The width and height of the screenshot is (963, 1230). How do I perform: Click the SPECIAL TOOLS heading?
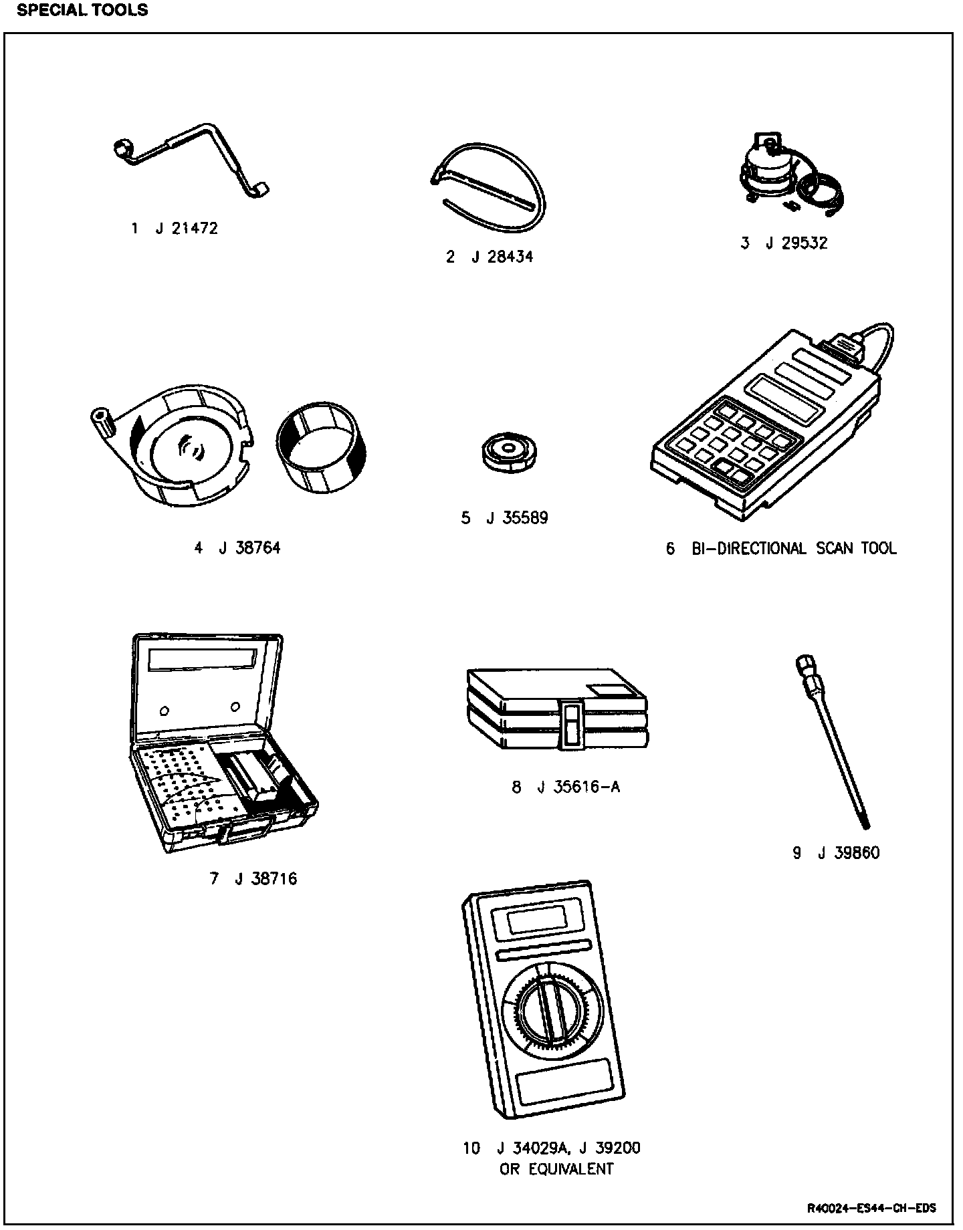pos(82,11)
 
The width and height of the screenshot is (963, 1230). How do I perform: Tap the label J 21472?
pos(186,229)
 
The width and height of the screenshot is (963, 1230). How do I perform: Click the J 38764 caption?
pos(249,549)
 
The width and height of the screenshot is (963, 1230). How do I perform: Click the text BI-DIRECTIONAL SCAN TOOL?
pos(794,549)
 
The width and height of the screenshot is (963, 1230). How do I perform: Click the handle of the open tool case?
pos(248,832)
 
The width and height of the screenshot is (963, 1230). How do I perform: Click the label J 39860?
pos(848,854)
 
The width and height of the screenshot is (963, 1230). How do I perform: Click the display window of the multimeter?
pos(539,922)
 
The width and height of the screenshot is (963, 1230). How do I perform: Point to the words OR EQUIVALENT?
pos(556,1169)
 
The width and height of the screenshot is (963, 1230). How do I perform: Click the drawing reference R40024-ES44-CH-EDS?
pos(871,1209)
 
